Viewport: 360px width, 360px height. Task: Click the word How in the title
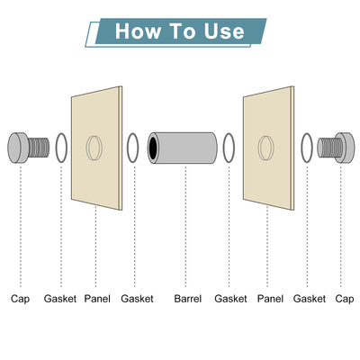pyautogui.click(x=138, y=31)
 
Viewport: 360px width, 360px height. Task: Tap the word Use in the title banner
pyautogui.click(x=224, y=31)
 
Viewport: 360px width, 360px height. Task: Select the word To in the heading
pyautogui.click(x=182, y=31)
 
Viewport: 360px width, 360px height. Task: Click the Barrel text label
pyautogui.click(x=188, y=299)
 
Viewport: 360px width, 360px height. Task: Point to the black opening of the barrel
pyautogui.click(x=153, y=148)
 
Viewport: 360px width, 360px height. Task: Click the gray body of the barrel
pyautogui.click(x=185, y=148)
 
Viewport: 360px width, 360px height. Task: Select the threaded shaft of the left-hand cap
pyautogui.click(x=39, y=148)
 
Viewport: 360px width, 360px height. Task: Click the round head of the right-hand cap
pyautogui.click(x=344, y=148)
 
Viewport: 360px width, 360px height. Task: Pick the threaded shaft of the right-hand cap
pyautogui.click(x=328, y=148)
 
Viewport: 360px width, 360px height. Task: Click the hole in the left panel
pyautogui.click(x=94, y=148)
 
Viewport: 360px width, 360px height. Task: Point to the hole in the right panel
pyautogui.click(x=266, y=148)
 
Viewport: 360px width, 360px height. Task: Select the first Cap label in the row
pyautogui.click(x=21, y=299)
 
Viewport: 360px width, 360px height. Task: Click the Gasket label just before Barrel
pyautogui.click(x=137, y=299)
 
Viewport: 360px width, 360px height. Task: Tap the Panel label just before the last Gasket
pyautogui.click(x=270, y=299)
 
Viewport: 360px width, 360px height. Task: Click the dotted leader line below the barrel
pyautogui.click(x=185, y=226)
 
